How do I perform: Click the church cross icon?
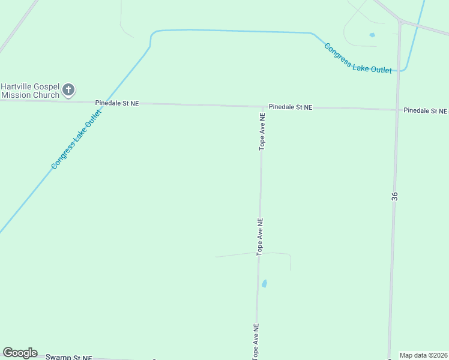(x=68, y=91)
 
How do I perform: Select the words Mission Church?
(x=31, y=95)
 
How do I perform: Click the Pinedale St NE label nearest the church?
(x=117, y=103)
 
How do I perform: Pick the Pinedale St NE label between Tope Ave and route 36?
(x=291, y=107)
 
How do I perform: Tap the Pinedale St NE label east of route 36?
(x=425, y=111)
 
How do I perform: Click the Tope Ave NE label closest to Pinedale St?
(x=262, y=131)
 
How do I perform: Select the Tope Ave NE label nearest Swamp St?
(x=256, y=341)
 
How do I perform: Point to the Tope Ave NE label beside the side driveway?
(x=260, y=236)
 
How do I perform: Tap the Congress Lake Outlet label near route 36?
(x=358, y=59)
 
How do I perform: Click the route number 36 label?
(x=394, y=196)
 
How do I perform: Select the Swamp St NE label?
(x=69, y=358)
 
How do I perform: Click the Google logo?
(x=20, y=353)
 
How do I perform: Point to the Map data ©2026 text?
(x=423, y=355)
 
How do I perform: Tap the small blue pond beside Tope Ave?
(x=264, y=283)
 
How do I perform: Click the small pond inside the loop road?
(x=372, y=35)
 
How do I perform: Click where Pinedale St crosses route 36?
(x=397, y=110)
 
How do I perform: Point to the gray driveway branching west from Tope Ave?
(x=238, y=255)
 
